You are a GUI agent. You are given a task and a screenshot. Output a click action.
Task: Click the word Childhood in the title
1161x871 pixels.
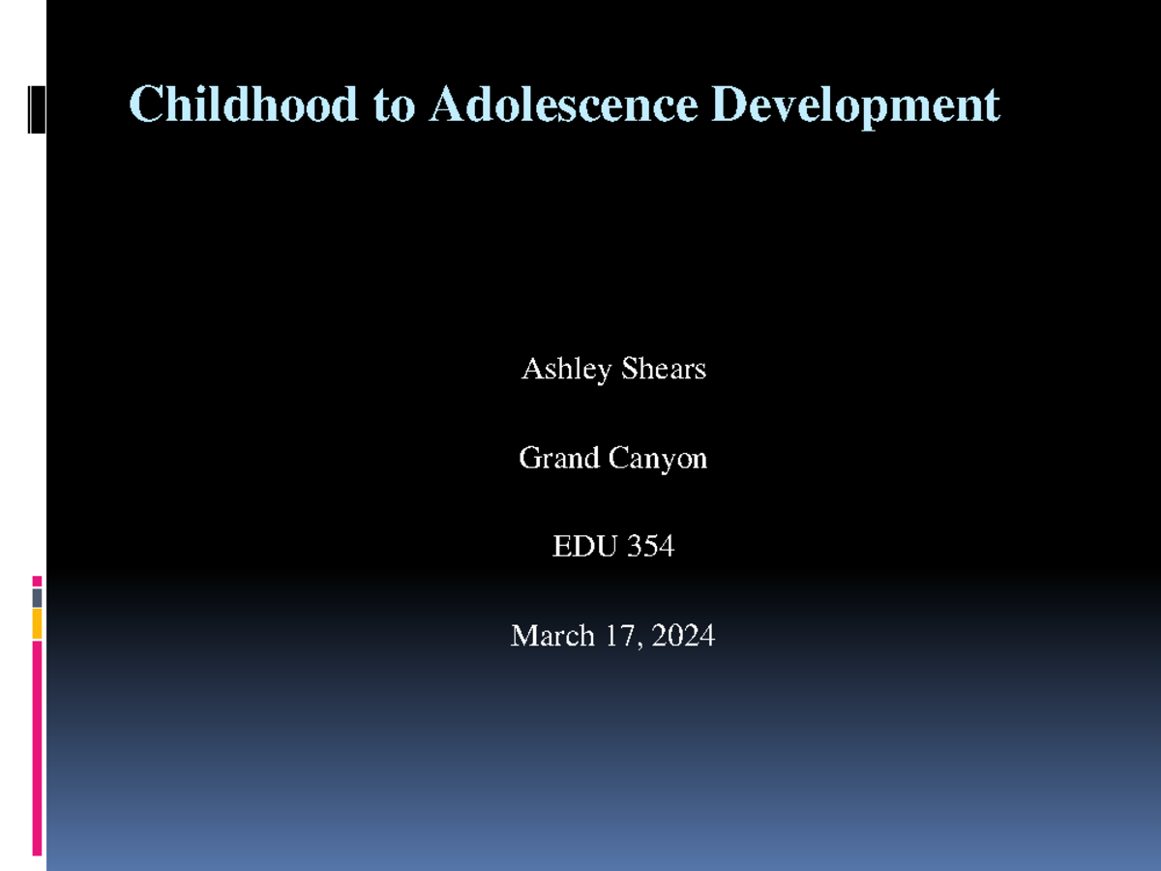point(243,104)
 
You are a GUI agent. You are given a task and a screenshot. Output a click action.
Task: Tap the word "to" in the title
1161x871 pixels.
point(393,105)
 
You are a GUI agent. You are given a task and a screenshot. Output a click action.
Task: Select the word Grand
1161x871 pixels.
point(559,458)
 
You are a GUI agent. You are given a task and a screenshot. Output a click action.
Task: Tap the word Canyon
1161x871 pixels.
point(658,459)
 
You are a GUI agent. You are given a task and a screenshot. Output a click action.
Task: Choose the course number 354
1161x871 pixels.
point(650,547)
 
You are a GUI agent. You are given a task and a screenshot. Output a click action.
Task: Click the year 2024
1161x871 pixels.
point(683,636)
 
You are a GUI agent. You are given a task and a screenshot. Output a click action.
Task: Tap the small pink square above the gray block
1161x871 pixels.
point(37,581)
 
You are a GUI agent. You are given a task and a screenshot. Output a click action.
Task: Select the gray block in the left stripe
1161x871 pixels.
point(37,598)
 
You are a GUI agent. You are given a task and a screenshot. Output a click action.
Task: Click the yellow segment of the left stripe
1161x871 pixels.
point(37,624)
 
